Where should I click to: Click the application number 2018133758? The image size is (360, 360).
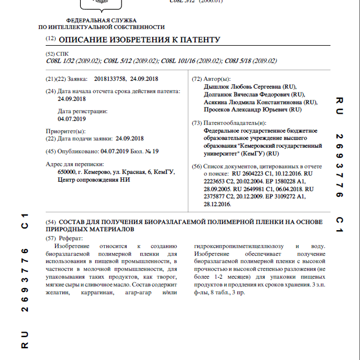coord(111,79)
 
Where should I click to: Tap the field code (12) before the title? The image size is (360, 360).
coord(51,40)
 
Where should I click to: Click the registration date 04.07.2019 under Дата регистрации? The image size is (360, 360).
coord(71,119)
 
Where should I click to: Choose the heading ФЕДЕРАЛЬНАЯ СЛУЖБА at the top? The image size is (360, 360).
coord(101,20)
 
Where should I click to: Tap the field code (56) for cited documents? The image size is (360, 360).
coord(196,166)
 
